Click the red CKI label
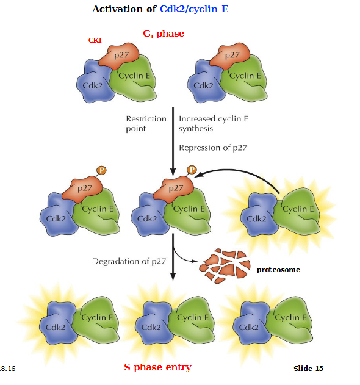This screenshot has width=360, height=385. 95,40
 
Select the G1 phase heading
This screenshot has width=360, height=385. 163,34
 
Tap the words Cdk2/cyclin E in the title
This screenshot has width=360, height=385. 194,9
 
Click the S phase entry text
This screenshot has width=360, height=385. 157,367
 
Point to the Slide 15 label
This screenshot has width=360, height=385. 308,368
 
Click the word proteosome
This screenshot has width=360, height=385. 278,269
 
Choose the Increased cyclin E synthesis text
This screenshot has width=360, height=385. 213,124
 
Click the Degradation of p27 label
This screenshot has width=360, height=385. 128,261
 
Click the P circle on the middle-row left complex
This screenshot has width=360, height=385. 101,171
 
